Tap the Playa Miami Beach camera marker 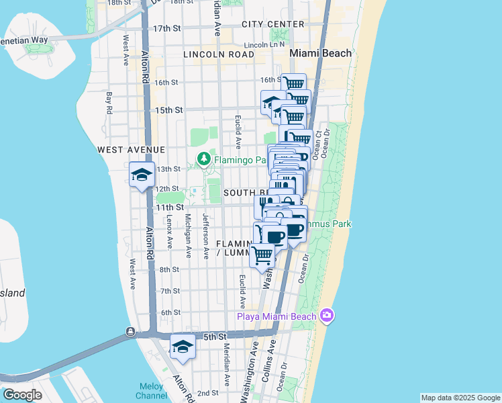[327, 315]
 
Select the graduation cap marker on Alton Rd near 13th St [142, 175]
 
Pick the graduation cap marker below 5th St [183, 347]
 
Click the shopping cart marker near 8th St [262, 255]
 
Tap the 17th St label [167, 29]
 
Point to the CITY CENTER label [264, 24]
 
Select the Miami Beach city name [320, 53]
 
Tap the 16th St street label [166, 83]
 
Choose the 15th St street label [168, 109]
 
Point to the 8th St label [169, 269]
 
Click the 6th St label [171, 312]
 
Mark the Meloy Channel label [151, 391]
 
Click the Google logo [22, 394]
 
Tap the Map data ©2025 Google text [460, 398]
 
